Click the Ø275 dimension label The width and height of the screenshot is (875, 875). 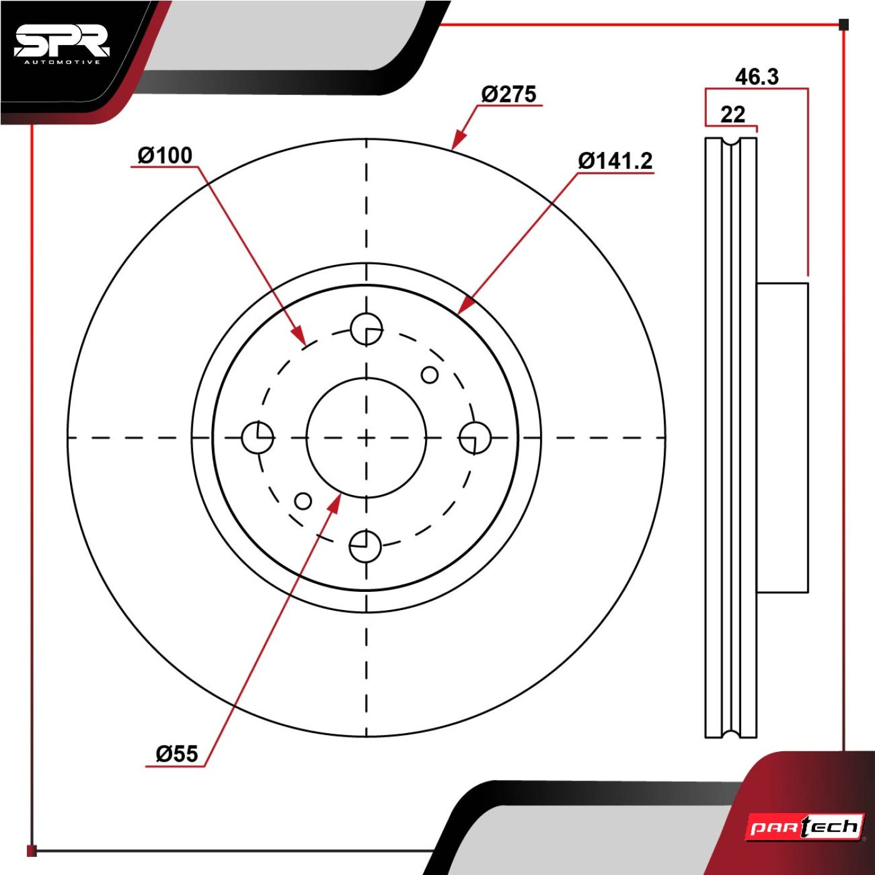click(x=509, y=94)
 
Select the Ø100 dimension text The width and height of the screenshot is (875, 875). click(x=165, y=155)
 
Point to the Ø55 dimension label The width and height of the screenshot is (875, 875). click(x=177, y=754)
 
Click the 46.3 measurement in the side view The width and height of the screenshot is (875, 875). click(x=757, y=77)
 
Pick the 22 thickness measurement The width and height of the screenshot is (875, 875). click(x=733, y=114)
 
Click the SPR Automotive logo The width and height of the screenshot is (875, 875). click(x=61, y=46)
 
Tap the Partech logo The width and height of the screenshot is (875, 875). click(x=805, y=827)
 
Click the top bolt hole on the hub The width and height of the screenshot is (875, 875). click(x=366, y=329)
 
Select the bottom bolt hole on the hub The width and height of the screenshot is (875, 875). click(x=365, y=546)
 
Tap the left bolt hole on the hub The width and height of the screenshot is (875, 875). click(x=257, y=437)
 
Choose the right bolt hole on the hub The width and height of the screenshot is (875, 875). click(x=474, y=437)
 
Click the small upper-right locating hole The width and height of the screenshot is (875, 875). click(x=429, y=375)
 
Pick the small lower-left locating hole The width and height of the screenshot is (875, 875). click(x=303, y=501)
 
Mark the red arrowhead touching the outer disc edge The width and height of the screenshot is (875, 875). click(x=459, y=140)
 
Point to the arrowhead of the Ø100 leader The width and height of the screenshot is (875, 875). click(x=299, y=334)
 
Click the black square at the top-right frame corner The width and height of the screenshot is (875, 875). click(x=843, y=24)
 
